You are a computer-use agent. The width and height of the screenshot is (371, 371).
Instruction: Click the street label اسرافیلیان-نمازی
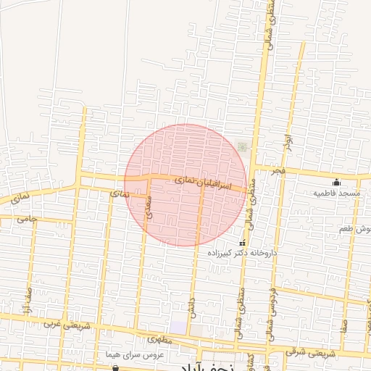click(x=205, y=184)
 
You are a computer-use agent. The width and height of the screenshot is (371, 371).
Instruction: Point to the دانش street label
click(x=192, y=304)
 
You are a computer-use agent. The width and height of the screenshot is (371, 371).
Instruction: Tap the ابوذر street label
click(x=288, y=138)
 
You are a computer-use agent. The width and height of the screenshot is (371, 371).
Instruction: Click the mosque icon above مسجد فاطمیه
click(x=335, y=182)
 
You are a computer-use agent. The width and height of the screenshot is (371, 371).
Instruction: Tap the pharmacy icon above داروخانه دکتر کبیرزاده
click(x=242, y=243)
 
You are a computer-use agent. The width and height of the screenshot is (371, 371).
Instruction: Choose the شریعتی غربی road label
click(x=62, y=324)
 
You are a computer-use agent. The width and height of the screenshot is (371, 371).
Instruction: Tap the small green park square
click(x=242, y=147)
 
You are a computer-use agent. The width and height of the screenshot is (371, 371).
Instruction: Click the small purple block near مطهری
click(x=178, y=328)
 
